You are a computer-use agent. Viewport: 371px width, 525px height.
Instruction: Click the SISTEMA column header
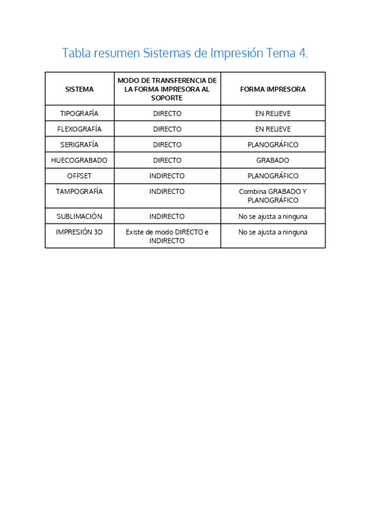click(79, 89)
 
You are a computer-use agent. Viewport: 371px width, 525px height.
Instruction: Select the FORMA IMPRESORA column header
click(273, 89)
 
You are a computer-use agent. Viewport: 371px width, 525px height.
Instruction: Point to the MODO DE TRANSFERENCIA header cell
click(167, 89)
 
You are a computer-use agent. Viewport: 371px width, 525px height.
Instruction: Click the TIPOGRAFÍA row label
click(79, 114)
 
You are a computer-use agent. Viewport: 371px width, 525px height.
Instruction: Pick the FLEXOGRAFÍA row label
click(79, 129)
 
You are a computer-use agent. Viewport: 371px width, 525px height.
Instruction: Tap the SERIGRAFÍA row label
click(79, 145)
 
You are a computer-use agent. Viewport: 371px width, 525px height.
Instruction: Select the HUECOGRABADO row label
click(79, 160)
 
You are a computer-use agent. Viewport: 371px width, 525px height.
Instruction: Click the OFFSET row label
click(79, 176)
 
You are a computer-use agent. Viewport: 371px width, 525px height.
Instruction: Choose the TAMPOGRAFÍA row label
click(79, 191)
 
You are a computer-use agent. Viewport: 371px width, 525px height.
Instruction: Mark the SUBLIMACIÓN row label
click(79, 217)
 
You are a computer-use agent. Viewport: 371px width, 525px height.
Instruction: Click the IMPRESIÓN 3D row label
click(79, 232)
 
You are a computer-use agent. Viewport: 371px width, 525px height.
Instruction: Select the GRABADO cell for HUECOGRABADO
click(273, 160)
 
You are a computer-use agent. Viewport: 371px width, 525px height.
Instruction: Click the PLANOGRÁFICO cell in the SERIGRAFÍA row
click(273, 145)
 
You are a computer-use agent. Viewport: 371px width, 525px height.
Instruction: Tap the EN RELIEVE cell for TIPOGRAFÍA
click(273, 114)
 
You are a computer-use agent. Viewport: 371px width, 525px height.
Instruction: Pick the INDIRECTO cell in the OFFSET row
click(167, 176)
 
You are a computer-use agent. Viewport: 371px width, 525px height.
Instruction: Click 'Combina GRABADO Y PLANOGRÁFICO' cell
click(273, 196)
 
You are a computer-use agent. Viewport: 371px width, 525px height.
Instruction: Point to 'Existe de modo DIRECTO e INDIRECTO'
click(167, 236)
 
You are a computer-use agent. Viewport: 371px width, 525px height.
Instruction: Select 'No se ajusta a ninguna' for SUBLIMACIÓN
click(273, 217)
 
